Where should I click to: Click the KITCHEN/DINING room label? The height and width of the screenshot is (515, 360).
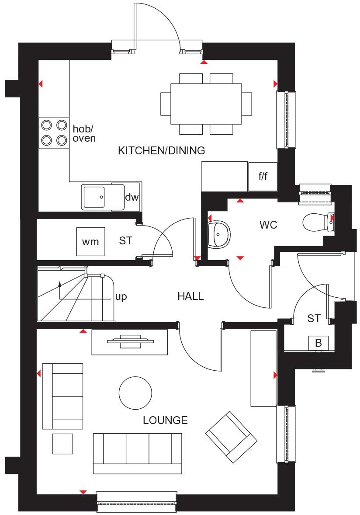coord(161,151)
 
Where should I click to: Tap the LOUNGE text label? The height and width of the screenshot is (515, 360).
coord(165,421)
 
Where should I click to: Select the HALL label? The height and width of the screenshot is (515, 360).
coord(190,296)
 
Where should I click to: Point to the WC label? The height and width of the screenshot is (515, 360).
coord(268,225)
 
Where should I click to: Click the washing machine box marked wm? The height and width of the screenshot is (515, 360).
coord(91,242)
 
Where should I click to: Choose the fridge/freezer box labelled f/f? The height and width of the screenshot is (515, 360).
coord(263,177)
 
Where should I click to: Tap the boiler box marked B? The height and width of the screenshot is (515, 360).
coord(318,343)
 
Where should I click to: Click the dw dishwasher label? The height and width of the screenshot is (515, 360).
coord(132,197)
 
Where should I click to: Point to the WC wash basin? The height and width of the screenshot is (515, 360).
coord(217,234)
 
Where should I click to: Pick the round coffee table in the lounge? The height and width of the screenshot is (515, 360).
coord(135,393)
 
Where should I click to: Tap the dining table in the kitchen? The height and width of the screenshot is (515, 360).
coord(206,104)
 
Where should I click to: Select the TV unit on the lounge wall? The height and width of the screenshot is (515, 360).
coord(129,342)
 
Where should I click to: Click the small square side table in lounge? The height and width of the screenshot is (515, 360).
coord(62,444)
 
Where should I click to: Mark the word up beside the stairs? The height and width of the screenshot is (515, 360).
coord(121,297)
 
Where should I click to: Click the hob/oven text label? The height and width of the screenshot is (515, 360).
coord(84,133)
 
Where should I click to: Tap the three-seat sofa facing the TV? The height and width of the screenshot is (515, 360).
coord(137,453)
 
